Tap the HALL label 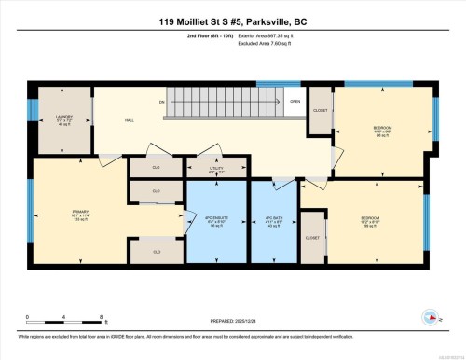coord(130,120)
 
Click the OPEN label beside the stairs coord(295,101)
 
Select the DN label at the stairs coord(161,101)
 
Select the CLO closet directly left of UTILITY coord(156,169)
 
